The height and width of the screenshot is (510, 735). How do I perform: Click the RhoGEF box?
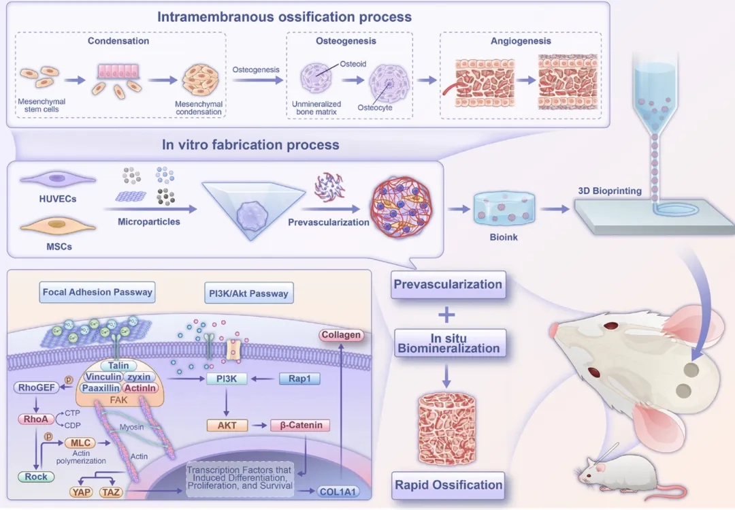click(x=34, y=387)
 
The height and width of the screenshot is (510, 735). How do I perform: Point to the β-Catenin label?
click(x=300, y=426)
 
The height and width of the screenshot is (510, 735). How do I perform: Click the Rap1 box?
click(x=299, y=379)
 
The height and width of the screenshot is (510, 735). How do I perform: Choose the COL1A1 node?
click(x=335, y=491)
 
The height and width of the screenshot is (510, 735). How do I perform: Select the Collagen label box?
click(x=338, y=335)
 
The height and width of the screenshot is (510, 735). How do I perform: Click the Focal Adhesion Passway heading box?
click(x=97, y=293)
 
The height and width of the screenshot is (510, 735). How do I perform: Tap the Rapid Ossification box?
click(x=448, y=485)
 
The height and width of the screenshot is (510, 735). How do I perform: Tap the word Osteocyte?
click(x=375, y=108)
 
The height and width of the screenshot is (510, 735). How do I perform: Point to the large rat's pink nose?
click(x=553, y=330)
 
